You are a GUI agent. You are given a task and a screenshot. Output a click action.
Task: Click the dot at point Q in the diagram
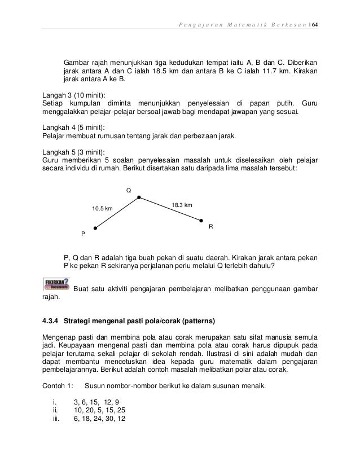click(x=139, y=197)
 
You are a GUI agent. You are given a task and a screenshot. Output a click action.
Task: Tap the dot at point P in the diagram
click(x=95, y=228)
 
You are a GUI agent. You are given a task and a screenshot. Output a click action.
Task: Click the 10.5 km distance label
click(x=102, y=209)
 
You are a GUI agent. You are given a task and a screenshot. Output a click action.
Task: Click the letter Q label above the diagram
click(x=128, y=190)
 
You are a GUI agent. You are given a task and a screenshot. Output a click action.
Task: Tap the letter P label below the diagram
click(x=83, y=234)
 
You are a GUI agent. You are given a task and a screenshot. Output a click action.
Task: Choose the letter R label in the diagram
click(x=210, y=226)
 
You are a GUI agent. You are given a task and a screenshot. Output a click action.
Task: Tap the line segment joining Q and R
click(x=170, y=209)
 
